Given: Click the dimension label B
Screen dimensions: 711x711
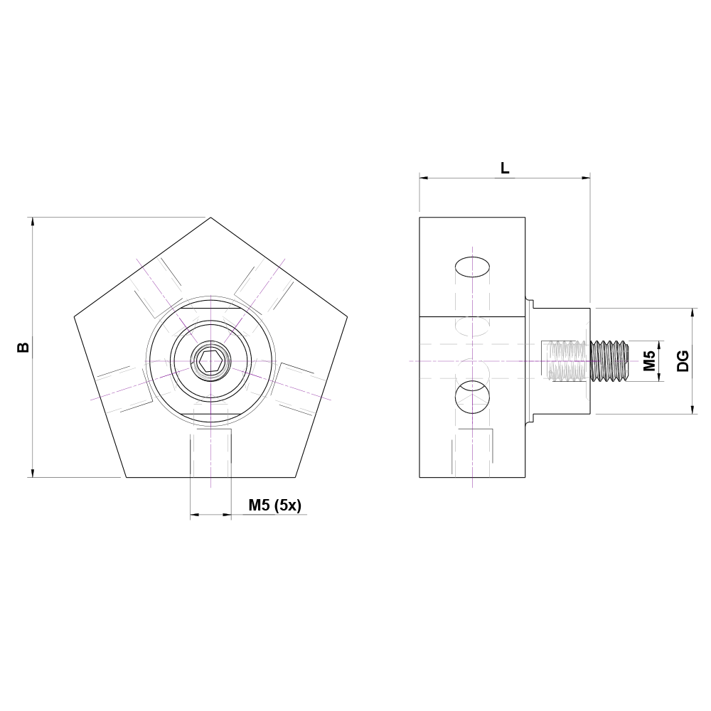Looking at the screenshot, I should coord(23,347).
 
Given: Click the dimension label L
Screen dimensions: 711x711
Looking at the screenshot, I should coord(505,169).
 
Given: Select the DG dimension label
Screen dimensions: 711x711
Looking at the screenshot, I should coord(683,361).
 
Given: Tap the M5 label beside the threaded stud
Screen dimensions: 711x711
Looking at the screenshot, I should coord(649,361).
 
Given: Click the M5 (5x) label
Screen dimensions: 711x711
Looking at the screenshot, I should coord(274,506).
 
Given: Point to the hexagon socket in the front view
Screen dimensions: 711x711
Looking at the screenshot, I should coord(210,362).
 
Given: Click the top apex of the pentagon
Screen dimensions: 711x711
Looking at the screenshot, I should coord(210,218).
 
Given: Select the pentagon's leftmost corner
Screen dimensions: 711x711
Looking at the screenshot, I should coord(75,316).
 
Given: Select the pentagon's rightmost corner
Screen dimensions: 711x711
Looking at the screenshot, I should coord(347,316).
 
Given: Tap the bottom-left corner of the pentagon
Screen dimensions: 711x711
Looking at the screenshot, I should coord(127,476).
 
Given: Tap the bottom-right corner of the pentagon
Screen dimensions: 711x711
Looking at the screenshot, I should coord(296,476).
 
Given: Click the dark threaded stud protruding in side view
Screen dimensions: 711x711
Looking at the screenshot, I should coord(611,361).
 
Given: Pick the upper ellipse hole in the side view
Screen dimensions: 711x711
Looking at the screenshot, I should coord(472,267).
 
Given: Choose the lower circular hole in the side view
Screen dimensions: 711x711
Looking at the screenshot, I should coord(472,397).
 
